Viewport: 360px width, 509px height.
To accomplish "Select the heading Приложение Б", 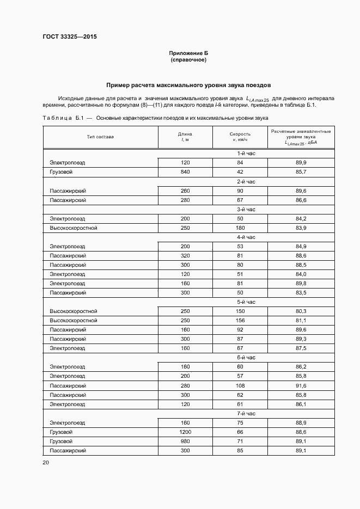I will click(188, 53).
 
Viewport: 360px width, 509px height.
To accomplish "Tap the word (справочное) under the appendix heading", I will click(188, 60).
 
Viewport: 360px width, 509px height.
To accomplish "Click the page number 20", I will click(45, 462).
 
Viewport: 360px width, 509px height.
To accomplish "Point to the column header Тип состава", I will click(100, 137).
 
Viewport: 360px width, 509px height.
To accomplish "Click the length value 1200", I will click(185, 432).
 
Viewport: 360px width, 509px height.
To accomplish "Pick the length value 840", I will click(185, 172).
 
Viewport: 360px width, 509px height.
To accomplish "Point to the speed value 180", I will click(240, 228).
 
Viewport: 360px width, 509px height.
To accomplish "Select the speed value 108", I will click(240, 385).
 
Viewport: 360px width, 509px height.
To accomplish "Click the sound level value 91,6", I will click(301, 385).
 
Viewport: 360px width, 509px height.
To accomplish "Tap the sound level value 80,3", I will click(301, 311).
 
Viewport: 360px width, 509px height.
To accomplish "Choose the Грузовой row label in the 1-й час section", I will click(61, 172).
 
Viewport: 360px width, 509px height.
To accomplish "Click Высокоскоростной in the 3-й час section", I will click(74, 228).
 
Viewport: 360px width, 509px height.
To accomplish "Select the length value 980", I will click(185, 441).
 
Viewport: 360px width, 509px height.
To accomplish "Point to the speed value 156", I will click(240, 320).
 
